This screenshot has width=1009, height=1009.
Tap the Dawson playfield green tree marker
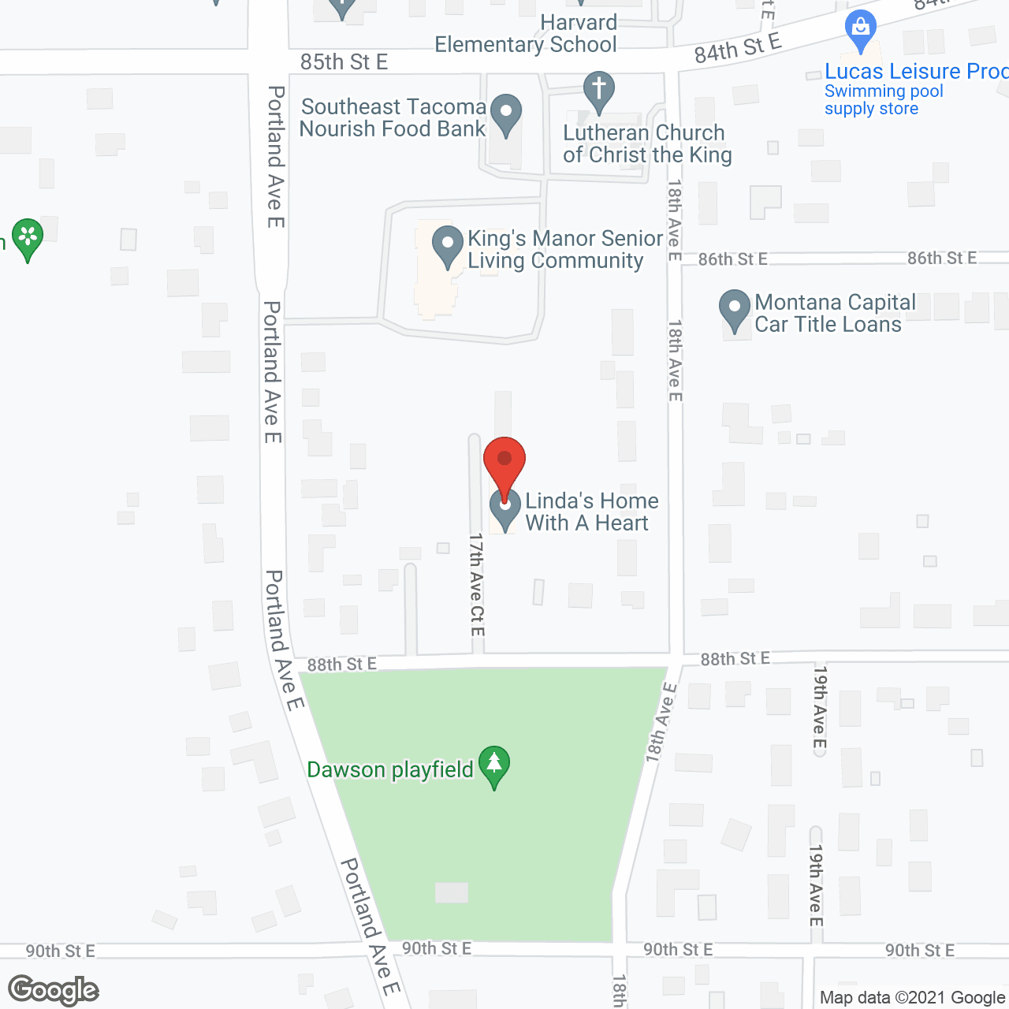[x=494, y=765]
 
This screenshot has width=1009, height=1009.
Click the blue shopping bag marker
[x=861, y=30]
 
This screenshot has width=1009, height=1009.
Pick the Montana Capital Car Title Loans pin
[x=735, y=310]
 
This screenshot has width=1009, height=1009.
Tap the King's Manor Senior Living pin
[x=448, y=245]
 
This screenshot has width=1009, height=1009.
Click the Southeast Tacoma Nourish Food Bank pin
[x=506, y=114]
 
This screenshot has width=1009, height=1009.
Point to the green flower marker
[x=28, y=237]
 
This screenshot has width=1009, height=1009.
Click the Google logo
[x=54, y=989]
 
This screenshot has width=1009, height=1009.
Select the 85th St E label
[x=344, y=62]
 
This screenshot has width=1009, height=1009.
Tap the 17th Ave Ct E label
[x=476, y=584]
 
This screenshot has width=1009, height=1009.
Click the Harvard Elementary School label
[x=526, y=34]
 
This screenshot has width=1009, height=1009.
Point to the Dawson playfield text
[x=390, y=769]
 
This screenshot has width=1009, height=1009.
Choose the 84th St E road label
[x=737, y=47]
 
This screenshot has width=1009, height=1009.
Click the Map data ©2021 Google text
[x=912, y=997]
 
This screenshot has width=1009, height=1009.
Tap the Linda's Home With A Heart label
[x=591, y=512]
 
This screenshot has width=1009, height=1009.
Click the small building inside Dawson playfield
[x=452, y=892]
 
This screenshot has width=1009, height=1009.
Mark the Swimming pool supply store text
[x=883, y=100]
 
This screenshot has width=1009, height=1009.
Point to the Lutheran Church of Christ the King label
[x=646, y=143]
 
